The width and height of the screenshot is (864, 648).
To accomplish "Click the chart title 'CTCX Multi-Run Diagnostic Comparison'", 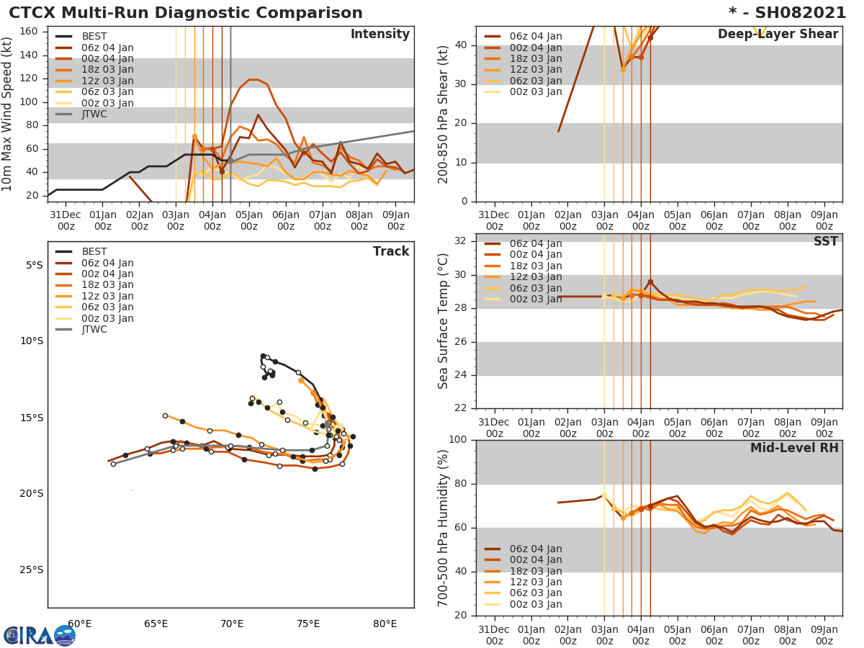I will point(186,13).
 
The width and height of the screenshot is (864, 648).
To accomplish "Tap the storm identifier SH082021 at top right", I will point(787,13).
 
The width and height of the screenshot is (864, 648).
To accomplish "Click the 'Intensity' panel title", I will point(379,35).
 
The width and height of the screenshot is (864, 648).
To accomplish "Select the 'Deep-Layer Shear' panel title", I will point(778,35).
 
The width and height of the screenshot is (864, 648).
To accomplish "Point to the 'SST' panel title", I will point(825,242).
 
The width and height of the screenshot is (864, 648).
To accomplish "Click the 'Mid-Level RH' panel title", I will point(794,449).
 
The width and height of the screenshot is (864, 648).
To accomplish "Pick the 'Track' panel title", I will point(390,251).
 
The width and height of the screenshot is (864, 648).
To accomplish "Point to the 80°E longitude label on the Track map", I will point(385,624).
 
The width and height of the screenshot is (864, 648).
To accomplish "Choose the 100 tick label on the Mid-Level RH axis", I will point(459,440).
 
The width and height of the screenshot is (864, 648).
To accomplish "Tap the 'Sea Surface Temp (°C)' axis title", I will point(444,320).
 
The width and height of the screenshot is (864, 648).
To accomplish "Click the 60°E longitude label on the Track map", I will point(79,624).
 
